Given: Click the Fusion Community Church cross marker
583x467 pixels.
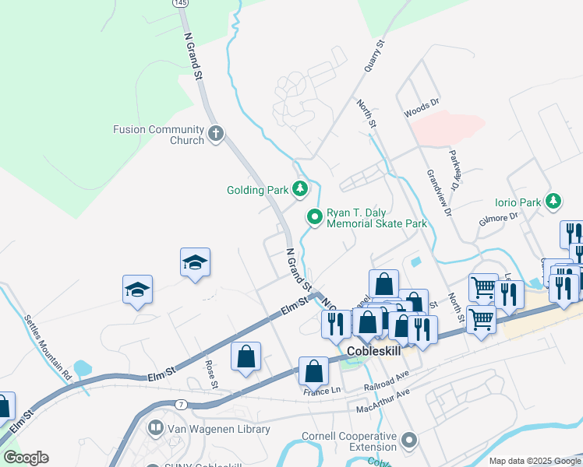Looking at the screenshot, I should coord(216,135).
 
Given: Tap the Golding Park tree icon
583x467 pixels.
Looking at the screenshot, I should coord(300,189).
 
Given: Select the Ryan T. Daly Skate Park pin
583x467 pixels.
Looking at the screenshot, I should coord(314,217).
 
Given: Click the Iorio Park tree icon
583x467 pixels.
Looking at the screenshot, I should coord(553,202).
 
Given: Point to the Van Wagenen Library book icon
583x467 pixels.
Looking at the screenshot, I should coord(157,429).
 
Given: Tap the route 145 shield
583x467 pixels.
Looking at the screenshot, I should coord(180,3).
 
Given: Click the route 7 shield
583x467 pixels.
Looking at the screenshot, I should coord(181,404).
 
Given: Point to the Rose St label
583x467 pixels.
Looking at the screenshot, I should coord(210,374).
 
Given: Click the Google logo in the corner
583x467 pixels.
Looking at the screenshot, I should coord(26,458).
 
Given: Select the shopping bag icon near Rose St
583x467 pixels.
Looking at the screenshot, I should coord(246,357).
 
